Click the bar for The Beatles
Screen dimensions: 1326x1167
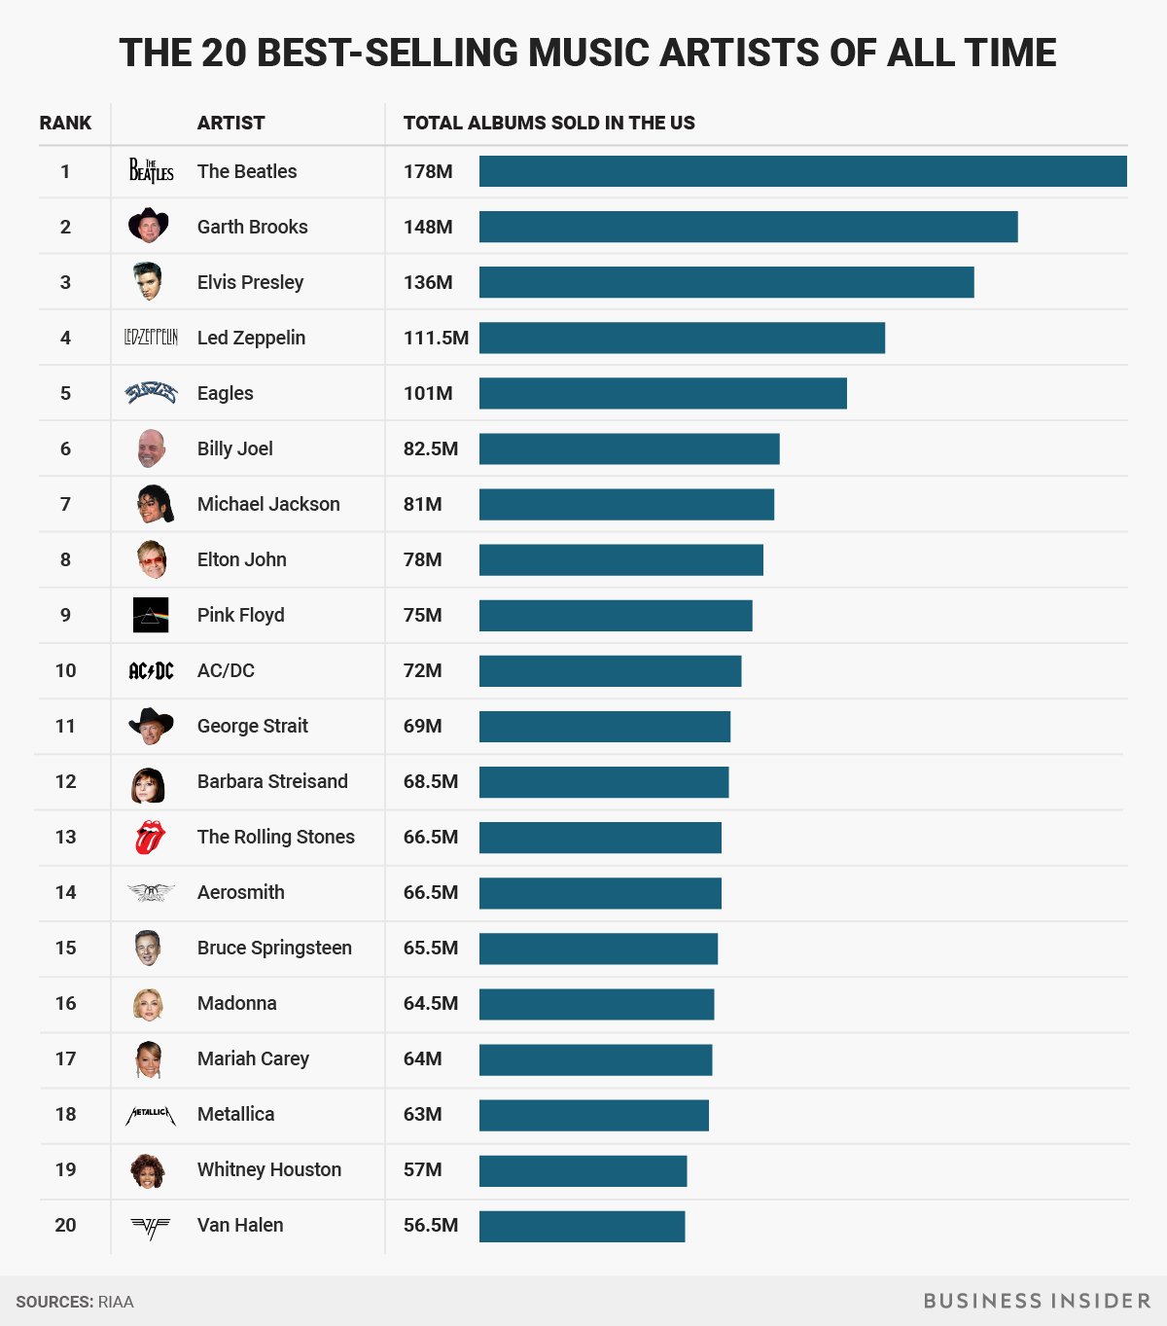[x=802, y=171]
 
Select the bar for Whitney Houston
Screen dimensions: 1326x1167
[x=583, y=1171]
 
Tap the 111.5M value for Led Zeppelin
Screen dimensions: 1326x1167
[x=436, y=339]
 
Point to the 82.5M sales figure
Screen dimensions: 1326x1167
[x=430, y=449]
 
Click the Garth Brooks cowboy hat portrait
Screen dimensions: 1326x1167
[x=149, y=226]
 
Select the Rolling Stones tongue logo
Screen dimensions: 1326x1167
[x=150, y=837]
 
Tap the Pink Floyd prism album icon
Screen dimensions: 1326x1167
[x=151, y=615]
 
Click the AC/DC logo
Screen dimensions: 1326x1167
[x=151, y=670]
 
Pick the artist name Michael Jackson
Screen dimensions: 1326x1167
[x=268, y=504]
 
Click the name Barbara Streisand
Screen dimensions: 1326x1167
[x=272, y=781]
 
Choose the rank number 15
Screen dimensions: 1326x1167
[x=65, y=948]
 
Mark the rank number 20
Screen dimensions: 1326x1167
[x=65, y=1225]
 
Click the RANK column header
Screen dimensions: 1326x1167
[x=65, y=124]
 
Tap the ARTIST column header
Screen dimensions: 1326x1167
[x=230, y=124]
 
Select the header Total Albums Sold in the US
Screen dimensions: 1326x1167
[x=548, y=124]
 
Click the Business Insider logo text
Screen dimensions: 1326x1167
[x=1037, y=1301]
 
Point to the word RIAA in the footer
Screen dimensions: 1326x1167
[x=116, y=1302]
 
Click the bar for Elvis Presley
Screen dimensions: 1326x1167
[x=725, y=282]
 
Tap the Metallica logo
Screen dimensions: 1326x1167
[x=151, y=1115]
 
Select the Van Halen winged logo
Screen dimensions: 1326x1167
[x=151, y=1227]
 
